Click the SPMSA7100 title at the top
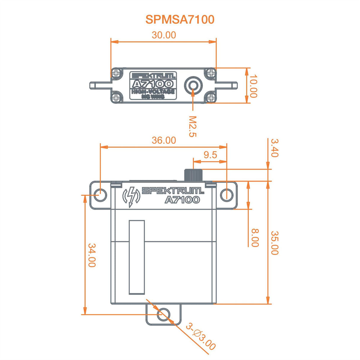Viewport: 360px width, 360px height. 180,20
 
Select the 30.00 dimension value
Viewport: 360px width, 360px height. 164,35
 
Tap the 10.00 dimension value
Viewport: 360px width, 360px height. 253,86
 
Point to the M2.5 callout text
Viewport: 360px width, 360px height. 193,126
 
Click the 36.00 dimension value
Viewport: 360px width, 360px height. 164,140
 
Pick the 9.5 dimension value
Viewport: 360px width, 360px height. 210,155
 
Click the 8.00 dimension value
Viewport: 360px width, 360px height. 255,238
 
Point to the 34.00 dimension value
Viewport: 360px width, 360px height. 92,255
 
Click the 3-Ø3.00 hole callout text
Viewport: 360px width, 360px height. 201,337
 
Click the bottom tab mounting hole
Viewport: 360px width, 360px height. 163,315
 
